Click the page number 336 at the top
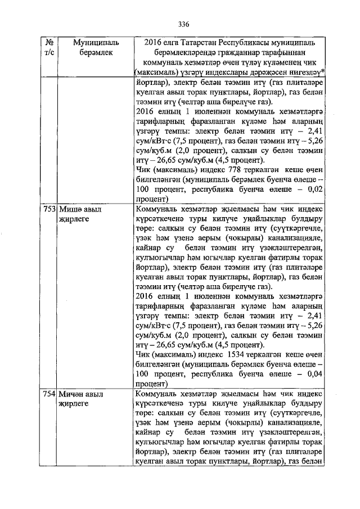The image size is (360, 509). point(183,24)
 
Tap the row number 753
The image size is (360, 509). point(49,209)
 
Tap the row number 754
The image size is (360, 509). point(49,395)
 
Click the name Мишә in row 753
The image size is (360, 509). point(70,209)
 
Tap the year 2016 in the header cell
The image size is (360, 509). point(154,42)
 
